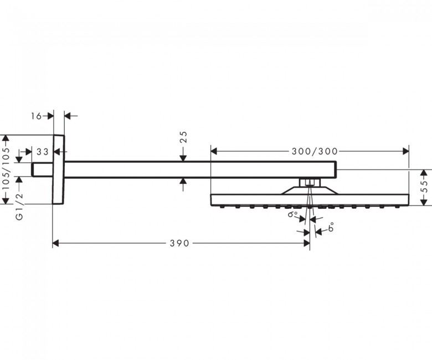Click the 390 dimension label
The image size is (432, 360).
coord(179,243)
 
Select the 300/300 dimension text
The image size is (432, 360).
coord(315,151)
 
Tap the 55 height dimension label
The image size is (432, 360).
coord(425,186)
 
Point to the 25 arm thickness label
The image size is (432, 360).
coord(183,137)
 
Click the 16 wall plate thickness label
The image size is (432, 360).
coord(36,116)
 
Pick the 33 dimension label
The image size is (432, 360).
coord(43,152)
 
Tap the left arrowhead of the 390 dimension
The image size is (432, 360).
coord(55,243)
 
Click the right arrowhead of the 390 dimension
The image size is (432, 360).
coord(306,243)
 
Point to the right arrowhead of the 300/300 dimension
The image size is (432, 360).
coord(405,151)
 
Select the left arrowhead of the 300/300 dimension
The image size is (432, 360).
coord(214,151)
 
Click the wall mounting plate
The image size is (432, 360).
coord(58,169)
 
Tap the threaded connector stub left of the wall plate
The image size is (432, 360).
coord(42,169)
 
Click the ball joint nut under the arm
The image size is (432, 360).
coord(310,183)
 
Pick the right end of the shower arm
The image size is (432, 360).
coord(336,169)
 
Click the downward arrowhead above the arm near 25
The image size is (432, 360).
coord(183,158)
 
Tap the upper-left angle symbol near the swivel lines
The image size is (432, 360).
coord(292,214)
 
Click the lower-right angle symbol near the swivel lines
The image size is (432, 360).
coord(331,227)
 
